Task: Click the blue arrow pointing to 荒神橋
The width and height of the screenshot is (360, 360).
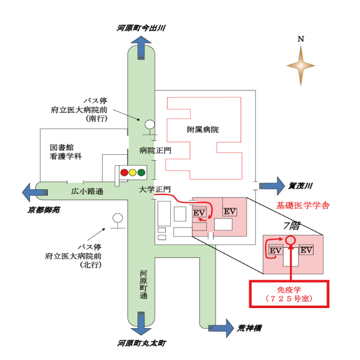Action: (221, 327)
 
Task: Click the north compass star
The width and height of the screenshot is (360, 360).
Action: (301, 65)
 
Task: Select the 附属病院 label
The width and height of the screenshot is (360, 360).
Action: (203, 130)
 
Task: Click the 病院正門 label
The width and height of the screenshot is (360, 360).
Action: (155, 150)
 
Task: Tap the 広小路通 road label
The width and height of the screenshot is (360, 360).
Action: (87, 191)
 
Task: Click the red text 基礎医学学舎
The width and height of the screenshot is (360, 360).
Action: (303, 205)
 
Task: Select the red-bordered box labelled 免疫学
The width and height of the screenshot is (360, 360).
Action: (289, 294)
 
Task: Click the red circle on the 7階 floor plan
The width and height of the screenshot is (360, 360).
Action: (290, 239)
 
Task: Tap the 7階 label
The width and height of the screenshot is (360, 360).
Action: (291, 225)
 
